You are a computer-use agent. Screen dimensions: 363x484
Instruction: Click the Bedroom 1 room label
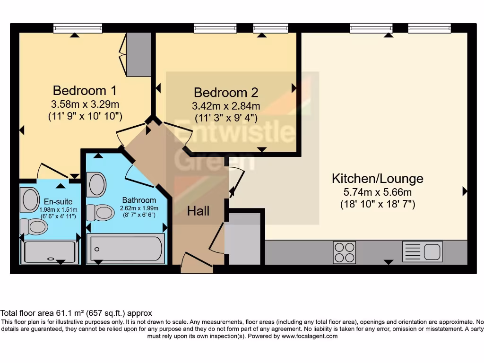(x=85, y=90)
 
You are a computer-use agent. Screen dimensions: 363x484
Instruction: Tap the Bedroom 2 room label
(x=226, y=92)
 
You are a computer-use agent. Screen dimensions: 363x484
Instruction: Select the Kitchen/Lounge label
(x=377, y=179)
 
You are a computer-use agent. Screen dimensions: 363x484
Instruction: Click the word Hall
(x=198, y=211)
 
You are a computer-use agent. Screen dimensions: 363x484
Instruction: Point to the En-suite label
(x=59, y=201)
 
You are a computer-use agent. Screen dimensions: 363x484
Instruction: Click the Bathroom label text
(x=139, y=200)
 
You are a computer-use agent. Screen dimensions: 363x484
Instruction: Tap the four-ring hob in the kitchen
(x=345, y=252)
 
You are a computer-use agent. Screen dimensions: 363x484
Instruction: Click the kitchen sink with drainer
(x=422, y=251)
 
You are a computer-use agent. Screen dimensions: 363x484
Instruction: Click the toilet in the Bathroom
(x=100, y=212)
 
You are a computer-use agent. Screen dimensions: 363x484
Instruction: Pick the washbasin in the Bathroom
(x=97, y=184)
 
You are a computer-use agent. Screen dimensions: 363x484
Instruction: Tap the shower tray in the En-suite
(x=50, y=252)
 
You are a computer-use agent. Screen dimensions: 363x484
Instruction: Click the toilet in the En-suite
(x=34, y=227)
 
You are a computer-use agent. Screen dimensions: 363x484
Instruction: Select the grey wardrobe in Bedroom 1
(x=138, y=54)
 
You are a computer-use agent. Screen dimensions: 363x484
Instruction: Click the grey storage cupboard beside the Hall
(x=242, y=239)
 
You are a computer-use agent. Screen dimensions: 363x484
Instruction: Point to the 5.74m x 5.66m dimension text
(x=377, y=192)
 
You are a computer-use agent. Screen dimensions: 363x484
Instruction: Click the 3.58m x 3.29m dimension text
(x=85, y=104)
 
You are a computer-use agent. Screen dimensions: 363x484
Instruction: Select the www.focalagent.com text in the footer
(x=310, y=336)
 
